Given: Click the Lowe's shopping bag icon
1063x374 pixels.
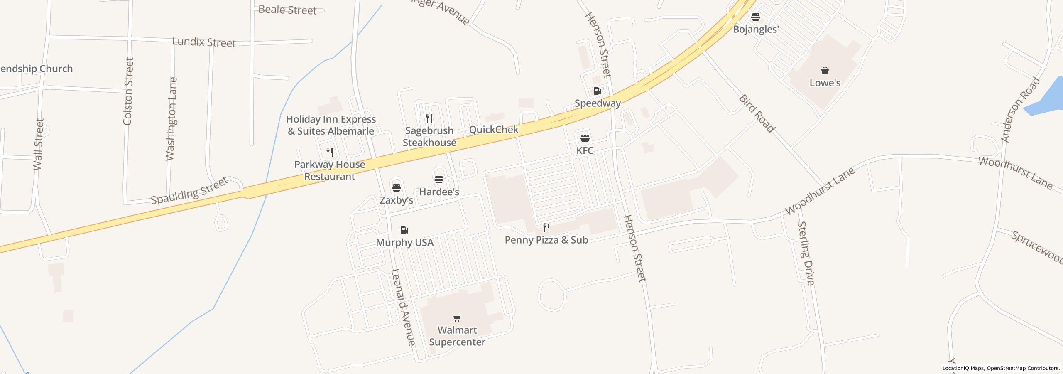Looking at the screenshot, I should coord(825,71).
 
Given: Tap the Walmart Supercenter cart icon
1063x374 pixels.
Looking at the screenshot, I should coord(457,318).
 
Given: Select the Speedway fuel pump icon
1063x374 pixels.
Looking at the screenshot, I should coord(597,91).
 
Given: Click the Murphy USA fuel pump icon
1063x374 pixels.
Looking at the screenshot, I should coord(404,230).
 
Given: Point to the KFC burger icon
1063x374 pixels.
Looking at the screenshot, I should coord(585,138).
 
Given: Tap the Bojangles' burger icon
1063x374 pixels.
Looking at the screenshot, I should coord(755,17).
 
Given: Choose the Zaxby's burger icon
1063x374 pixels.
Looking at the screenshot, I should coord(396,187).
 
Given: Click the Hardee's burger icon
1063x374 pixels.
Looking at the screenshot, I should coord(438,180).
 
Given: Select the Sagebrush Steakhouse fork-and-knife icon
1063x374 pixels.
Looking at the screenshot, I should coord(429,118).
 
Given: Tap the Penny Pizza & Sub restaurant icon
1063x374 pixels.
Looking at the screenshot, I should coord(546,228).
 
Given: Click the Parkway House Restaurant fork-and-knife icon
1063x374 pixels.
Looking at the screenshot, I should coord(330,152).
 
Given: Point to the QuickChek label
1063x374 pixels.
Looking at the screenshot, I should coord(493,130).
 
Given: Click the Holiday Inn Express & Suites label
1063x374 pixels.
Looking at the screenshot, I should coord(331,125).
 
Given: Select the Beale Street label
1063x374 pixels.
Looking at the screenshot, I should coord(287,10).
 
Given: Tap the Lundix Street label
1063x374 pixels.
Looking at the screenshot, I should coord(204,42).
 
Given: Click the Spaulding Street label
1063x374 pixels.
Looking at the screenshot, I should coord(189,191).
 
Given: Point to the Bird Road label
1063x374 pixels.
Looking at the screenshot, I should coord(757,113).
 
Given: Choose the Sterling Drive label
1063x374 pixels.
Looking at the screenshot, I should coord(806,253).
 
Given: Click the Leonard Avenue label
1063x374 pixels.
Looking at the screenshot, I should coord(403,307).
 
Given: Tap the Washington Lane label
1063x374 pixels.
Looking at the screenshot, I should coord(171,119).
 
